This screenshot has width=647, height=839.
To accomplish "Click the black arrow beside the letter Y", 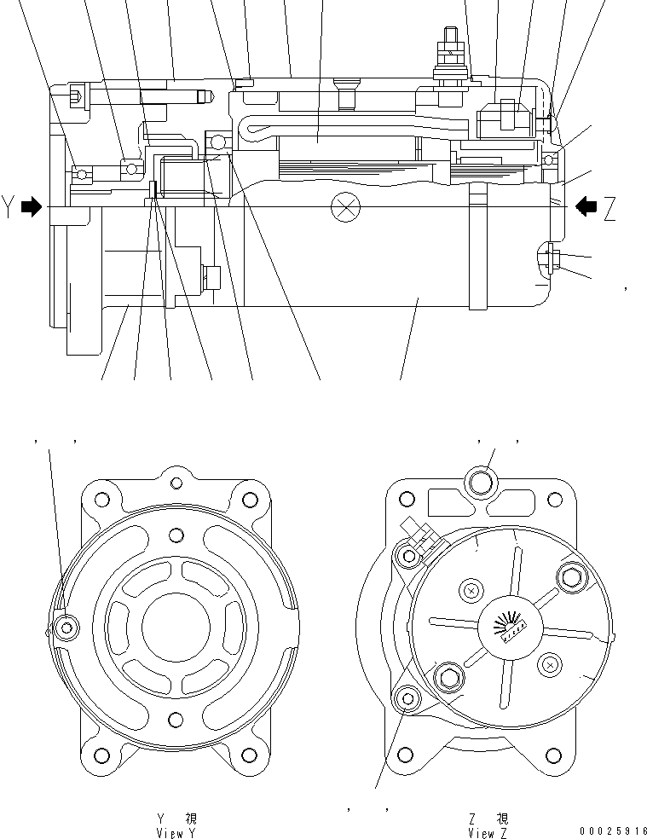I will tap(31, 206).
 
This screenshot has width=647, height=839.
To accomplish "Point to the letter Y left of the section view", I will tap(9, 207).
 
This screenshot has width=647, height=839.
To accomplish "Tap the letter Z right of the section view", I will tap(609, 208).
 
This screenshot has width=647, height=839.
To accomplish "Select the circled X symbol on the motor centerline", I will tap(345, 206).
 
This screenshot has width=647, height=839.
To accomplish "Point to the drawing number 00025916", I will tap(610, 830).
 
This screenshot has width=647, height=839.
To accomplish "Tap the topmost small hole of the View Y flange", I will tap(176, 484).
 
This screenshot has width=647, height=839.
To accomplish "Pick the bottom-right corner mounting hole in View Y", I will tap(249, 754).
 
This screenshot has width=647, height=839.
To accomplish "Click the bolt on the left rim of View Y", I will tap(66, 628).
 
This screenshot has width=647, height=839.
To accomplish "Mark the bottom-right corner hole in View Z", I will tap(556, 754).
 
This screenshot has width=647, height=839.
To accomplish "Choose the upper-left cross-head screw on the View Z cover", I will tap(471, 589).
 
